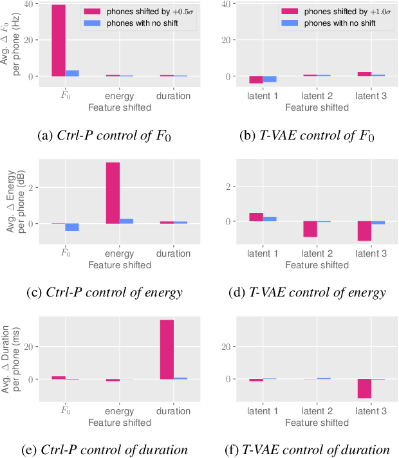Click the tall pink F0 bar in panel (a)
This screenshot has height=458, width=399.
tap(59, 41)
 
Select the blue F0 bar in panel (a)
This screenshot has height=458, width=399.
tap(72, 73)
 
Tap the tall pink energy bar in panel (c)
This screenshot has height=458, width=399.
tap(113, 193)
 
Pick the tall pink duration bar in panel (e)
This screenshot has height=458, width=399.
tap(167, 349)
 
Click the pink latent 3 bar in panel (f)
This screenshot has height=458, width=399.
tap(364, 389)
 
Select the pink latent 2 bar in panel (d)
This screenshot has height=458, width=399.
tap(310, 229)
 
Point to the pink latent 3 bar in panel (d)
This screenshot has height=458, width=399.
tap(364, 231)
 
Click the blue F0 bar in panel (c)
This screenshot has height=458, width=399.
tap(72, 227)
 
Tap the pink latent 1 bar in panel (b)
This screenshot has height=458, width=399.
tap(256, 80)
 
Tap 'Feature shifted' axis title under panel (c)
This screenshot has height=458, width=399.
tap(120, 264)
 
